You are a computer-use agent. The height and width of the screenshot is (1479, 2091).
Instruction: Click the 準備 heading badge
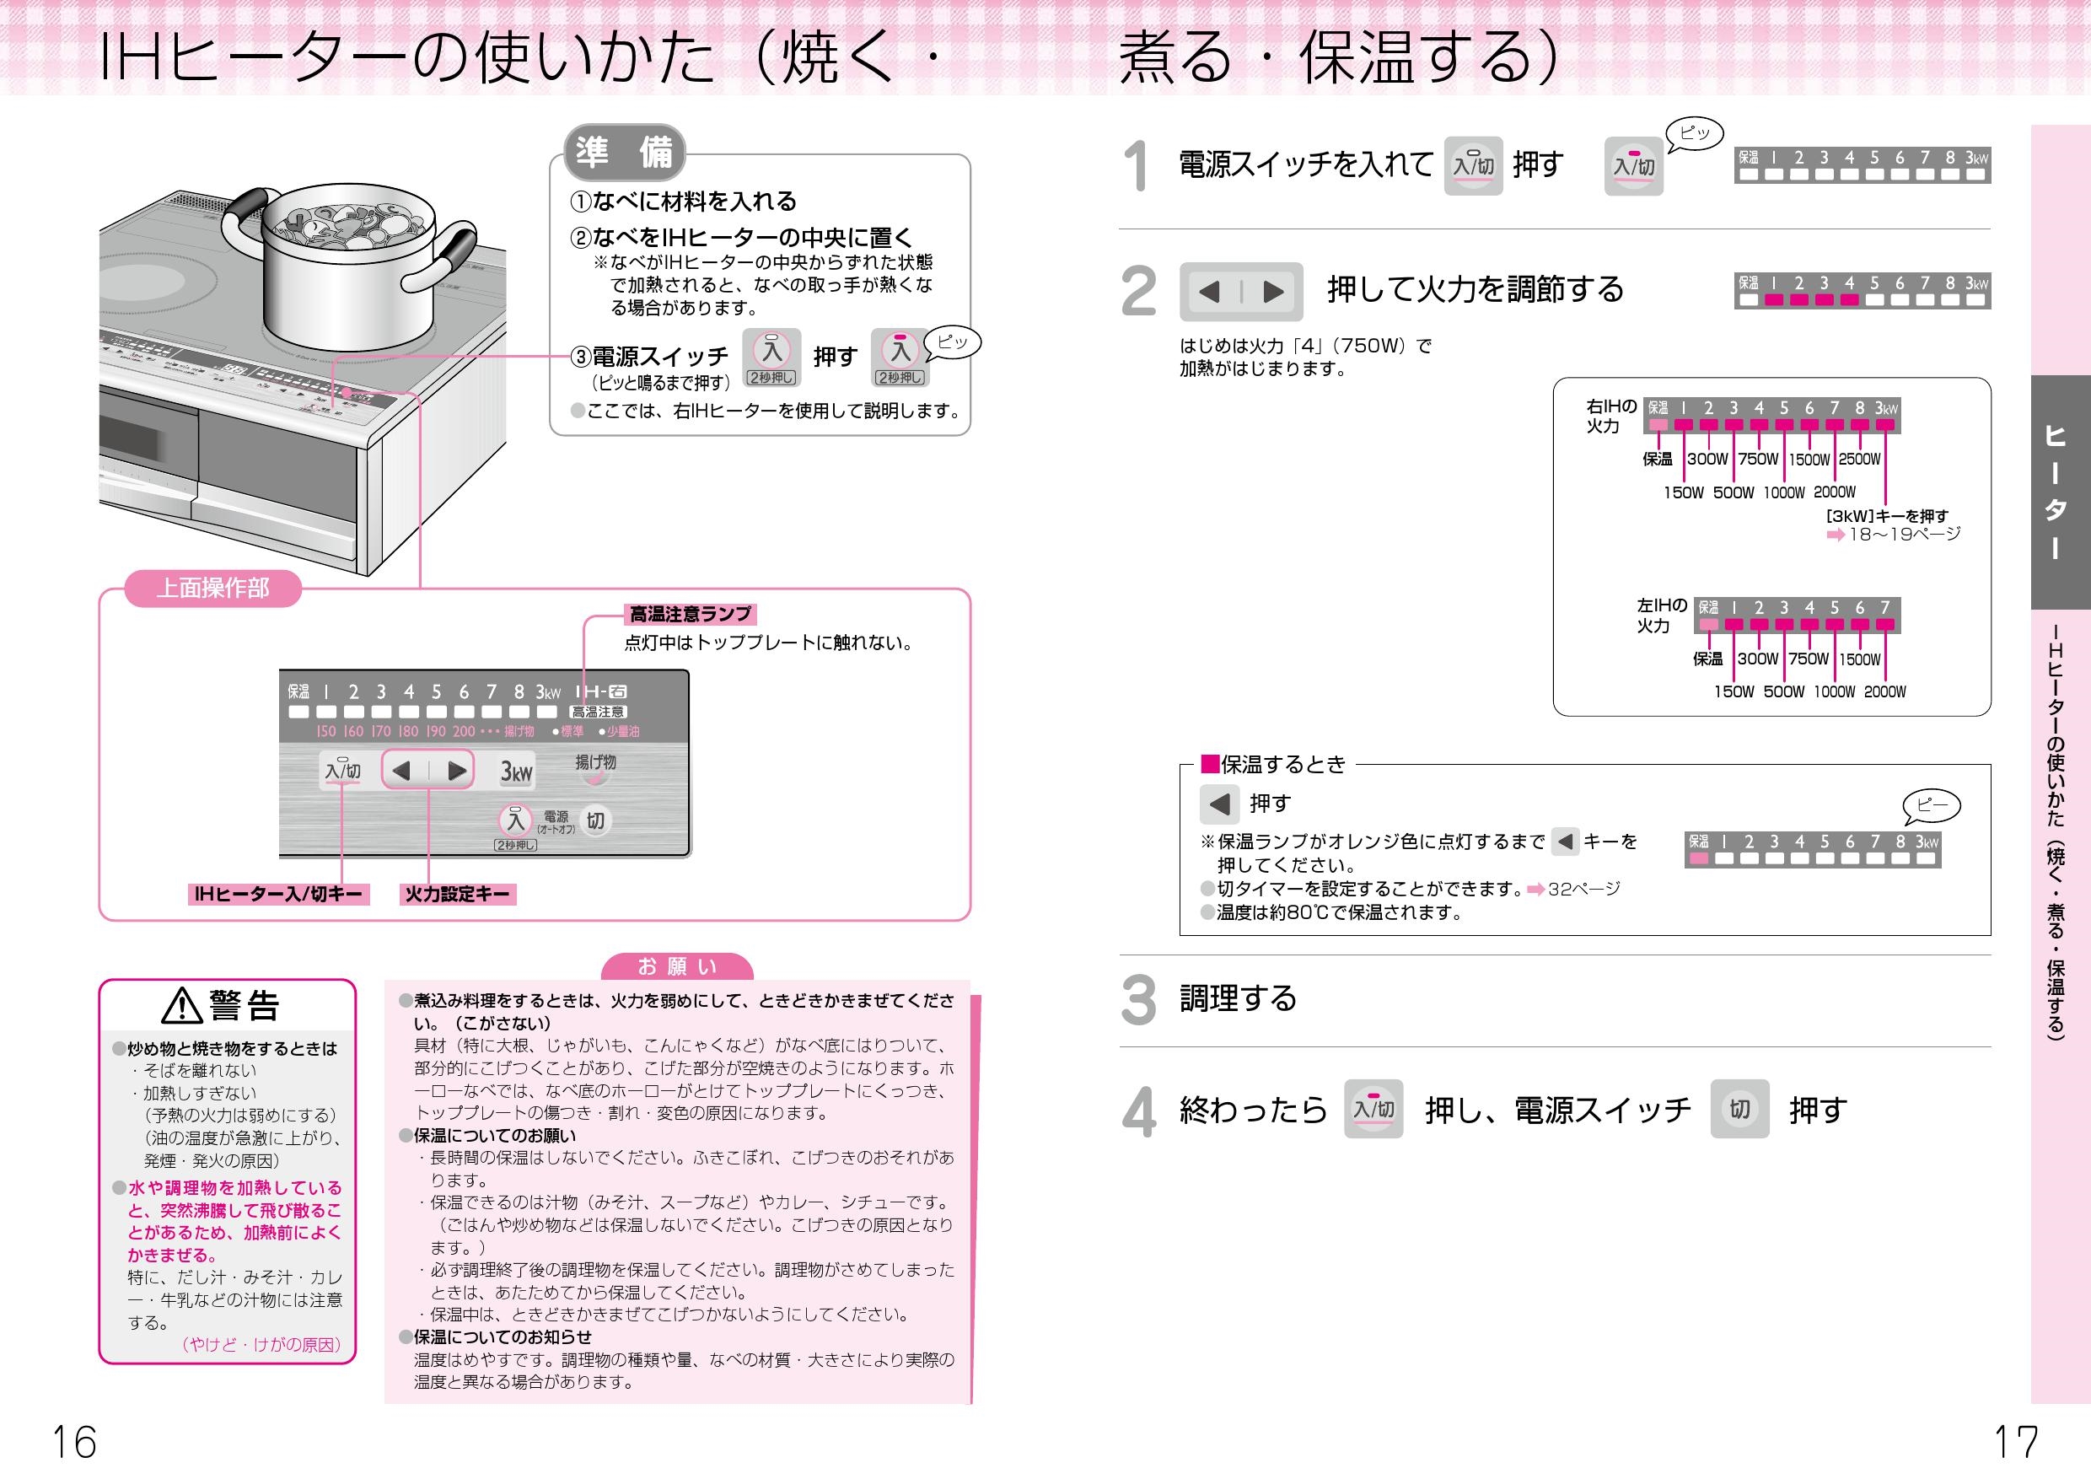point(624,152)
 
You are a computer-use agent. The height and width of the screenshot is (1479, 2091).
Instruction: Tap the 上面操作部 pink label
point(213,589)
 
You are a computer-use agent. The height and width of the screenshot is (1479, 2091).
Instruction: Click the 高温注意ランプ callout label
point(691,615)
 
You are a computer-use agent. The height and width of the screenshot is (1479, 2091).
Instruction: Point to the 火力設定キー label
point(457,895)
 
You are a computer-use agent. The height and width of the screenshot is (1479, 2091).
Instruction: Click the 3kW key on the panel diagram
point(516,772)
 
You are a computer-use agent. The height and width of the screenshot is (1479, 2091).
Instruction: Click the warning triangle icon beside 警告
point(182,1005)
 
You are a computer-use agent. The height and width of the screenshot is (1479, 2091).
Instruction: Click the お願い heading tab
point(678,967)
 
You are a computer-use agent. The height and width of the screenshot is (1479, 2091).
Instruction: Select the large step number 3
point(1138,1000)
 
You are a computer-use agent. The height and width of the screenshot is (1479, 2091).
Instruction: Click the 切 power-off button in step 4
point(1739,1110)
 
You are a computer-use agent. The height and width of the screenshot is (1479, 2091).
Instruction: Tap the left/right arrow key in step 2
point(1241,292)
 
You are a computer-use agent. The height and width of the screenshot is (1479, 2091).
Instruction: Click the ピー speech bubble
point(1932,805)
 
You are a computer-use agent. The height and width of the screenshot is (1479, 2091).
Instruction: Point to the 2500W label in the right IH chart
point(1860,459)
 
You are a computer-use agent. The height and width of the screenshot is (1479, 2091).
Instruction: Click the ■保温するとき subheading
point(1273,764)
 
